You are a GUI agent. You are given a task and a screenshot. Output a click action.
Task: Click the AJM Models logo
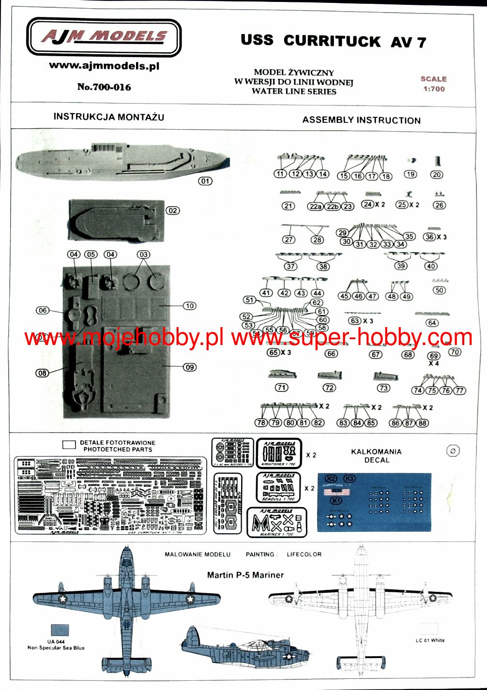[104, 37]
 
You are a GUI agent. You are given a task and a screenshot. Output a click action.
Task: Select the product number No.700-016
[104, 87]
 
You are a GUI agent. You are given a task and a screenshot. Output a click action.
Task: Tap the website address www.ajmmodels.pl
[104, 66]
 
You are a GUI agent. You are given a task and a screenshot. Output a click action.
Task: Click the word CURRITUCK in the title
[332, 41]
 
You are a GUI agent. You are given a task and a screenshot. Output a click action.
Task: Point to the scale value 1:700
[434, 89]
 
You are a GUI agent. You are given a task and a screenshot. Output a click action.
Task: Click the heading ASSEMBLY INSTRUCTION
[361, 120]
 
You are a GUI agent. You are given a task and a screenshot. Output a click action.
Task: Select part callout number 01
[205, 181]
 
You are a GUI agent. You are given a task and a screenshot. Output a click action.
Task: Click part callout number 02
[172, 210]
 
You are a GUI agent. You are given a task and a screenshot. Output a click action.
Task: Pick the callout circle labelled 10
[190, 306]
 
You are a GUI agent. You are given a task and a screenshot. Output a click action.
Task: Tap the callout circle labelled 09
[190, 367]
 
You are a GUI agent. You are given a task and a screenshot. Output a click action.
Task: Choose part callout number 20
[437, 175]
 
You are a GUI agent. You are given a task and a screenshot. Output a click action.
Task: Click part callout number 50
[439, 290]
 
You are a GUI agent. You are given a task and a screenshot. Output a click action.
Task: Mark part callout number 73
[383, 388]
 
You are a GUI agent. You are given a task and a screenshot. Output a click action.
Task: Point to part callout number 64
[432, 323]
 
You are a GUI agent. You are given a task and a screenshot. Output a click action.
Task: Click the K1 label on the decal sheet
[335, 500]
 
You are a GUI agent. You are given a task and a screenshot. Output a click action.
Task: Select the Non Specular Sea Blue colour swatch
[60, 630]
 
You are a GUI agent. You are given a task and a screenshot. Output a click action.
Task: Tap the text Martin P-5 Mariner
[245, 575]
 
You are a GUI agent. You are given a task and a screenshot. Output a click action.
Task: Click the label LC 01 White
[430, 640]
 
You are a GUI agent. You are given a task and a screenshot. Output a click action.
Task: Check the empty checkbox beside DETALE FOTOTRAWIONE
[69, 445]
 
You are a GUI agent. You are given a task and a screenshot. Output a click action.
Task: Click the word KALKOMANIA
[376, 451]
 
